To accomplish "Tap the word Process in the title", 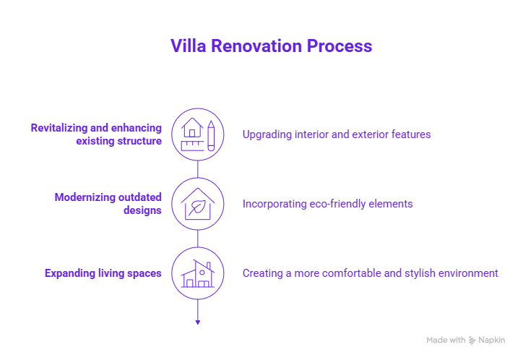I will pyautogui.click(x=339, y=46).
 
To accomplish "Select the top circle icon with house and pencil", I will pyautogui.click(x=198, y=134).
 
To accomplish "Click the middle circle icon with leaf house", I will pyautogui.click(x=198, y=204).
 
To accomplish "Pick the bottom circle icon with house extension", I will pyautogui.click(x=198, y=273).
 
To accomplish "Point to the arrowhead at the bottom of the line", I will pyautogui.click(x=198, y=321).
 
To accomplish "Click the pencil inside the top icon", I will pyautogui.click(x=211, y=134).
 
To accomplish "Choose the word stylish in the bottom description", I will pyautogui.click(x=419, y=273).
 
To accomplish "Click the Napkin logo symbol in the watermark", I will pyautogui.click(x=472, y=340).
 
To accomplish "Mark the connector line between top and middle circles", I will pyautogui.click(x=198, y=168).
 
